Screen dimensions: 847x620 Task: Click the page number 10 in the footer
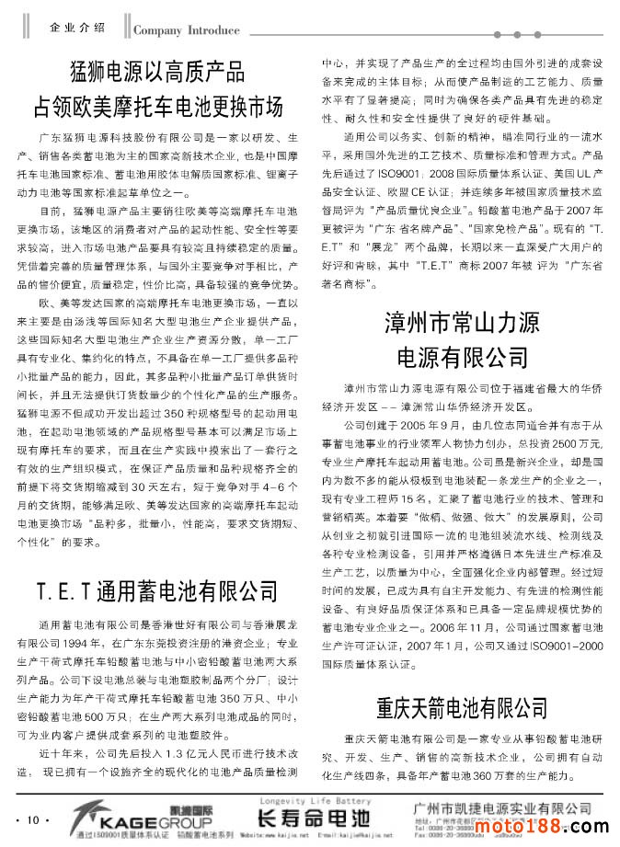(32, 819)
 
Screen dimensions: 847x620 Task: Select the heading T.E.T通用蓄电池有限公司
(157, 589)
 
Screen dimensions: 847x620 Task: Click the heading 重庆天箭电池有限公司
(462, 707)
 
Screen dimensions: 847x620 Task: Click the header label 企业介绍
(78, 28)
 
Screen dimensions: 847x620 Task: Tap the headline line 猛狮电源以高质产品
(157, 71)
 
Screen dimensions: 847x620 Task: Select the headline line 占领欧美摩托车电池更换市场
(157, 105)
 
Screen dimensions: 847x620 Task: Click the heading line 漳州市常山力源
(462, 323)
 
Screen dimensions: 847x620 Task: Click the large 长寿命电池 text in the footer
(313, 817)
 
